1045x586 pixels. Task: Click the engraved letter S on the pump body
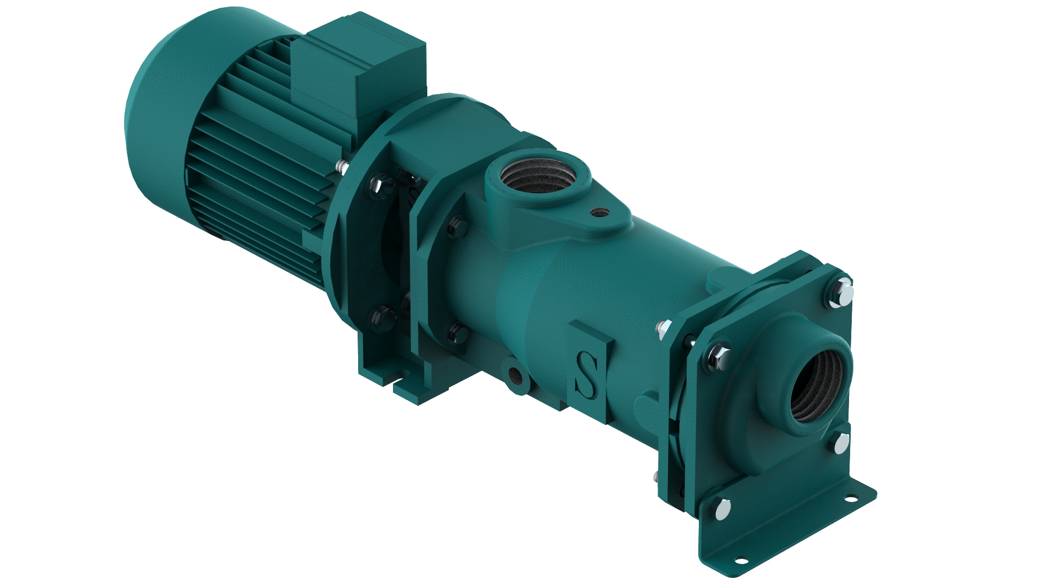(x=587, y=374)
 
